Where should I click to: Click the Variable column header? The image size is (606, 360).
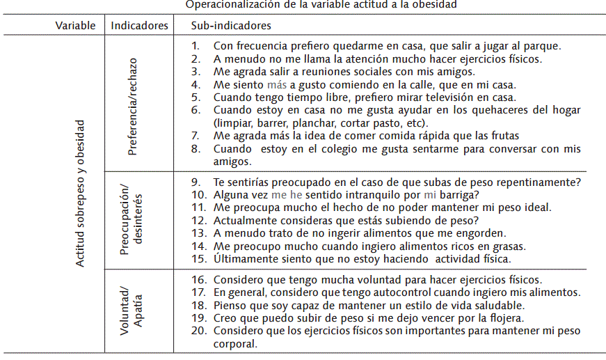[x=75, y=26]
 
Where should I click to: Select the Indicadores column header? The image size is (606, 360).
[x=139, y=26]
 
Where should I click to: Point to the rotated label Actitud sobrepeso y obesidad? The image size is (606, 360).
[x=81, y=193]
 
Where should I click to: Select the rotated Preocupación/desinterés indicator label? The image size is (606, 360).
[x=132, y=221]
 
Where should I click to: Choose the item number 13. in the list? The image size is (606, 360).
[x=200, y=233]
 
